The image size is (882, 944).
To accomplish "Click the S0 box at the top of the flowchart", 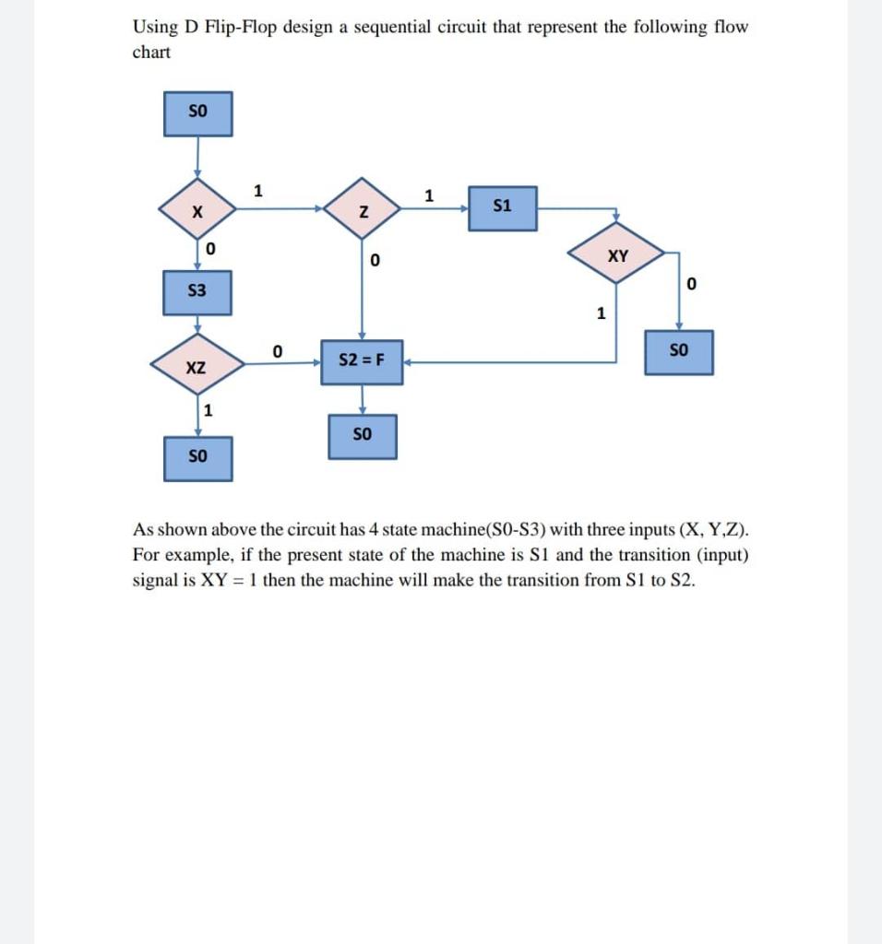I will coord(197,113).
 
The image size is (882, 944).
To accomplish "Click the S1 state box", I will coord(502,206).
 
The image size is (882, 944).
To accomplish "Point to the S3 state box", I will coord(197,291).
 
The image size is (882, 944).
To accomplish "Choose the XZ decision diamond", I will coord(197,367).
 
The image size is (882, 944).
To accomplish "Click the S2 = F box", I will coord(362,361).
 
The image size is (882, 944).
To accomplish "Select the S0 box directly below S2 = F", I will coord(362,436).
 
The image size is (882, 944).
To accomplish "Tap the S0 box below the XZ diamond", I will coord(197,457).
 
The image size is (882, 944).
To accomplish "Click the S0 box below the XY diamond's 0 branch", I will coord(678,351).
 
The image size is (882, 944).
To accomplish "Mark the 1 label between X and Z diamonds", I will coord(258,192).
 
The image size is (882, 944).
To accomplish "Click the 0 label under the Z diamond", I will coord(374,262).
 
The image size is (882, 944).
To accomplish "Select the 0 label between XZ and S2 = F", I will coord(277,350).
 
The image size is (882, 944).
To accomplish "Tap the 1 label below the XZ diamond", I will coord(209,410).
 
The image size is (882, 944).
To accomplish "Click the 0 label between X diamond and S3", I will coord(210,249).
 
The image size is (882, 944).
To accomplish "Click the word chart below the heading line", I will coord(152,53).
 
